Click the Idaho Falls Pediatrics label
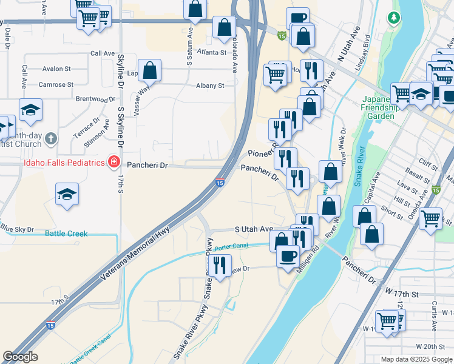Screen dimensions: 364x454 coord(64,163)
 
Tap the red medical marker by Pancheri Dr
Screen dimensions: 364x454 coord(113,161)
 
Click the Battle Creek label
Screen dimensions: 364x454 coord(66,234)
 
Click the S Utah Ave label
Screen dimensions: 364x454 coord(254,229)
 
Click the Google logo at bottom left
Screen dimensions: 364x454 coord(20,357)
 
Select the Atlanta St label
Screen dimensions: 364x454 coord(211,53)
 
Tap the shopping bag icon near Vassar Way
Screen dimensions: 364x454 coord(149,70)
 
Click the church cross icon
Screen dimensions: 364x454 coord(51,138)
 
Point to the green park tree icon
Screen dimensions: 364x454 coord(395,18)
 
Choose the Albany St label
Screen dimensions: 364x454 coord(210,86)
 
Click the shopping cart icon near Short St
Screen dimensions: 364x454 coord(430,218)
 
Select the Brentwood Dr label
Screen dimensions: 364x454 coord(95,98)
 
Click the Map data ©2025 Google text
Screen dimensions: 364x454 coord(416,359)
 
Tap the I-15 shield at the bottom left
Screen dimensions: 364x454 coord(49,325)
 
